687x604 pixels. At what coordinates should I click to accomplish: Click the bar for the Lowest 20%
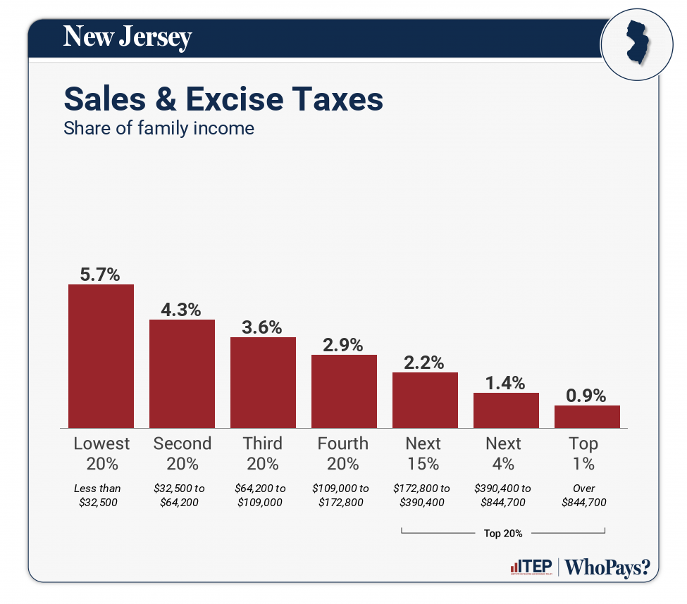point(101,356)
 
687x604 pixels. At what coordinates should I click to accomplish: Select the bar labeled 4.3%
point(182,373)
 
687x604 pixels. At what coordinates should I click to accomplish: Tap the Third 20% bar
point(263,382)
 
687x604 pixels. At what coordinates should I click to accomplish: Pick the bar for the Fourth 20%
point(344,391)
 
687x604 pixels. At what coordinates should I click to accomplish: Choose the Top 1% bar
point(587,416)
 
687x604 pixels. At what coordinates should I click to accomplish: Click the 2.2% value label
point(424,363)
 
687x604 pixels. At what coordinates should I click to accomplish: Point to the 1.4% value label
point(506,384)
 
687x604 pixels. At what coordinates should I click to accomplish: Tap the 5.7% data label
point(101,275)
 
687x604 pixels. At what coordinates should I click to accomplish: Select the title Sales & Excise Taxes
point(223,99)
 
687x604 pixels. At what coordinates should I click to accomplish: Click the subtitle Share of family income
point(159,129)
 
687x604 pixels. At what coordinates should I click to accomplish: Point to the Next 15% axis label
point(423,453)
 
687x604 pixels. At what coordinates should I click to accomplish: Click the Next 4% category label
point(504,453)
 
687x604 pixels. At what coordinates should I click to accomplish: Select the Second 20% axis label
point(182,453)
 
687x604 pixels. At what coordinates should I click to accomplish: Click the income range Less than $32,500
point(98,495)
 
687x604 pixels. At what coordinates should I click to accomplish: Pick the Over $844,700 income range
point(584,495)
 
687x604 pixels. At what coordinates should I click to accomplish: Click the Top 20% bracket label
point(503,533)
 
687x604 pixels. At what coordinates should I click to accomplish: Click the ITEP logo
point(531,567)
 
